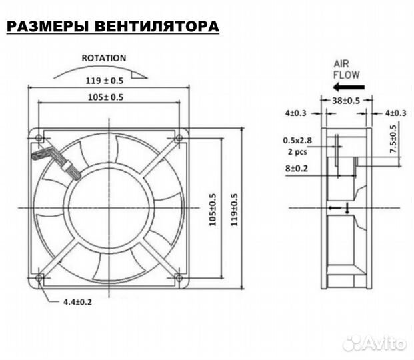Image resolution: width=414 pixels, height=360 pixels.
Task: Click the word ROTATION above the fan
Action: tap(103, 58)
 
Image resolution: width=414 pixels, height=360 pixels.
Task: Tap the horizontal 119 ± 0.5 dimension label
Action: tap(103, 81)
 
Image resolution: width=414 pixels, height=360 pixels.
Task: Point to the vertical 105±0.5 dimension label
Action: tap(213, 209)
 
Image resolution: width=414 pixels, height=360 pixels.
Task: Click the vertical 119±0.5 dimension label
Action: tap(233, 209)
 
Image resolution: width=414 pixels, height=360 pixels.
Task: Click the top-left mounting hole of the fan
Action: tap(39, 139)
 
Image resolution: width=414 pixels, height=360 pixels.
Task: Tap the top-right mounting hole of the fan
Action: tap(178, 139)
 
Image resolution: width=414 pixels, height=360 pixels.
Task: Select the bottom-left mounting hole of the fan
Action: tap(39, 277)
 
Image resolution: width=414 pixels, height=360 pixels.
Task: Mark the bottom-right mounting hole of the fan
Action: tap(178, 277)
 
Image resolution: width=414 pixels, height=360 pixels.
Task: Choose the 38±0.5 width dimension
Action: tap(346, 101)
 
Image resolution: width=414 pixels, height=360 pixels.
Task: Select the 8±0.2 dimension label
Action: tap(296, 169)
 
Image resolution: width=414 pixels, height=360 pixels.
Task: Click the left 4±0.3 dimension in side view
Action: tap(295, 113)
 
